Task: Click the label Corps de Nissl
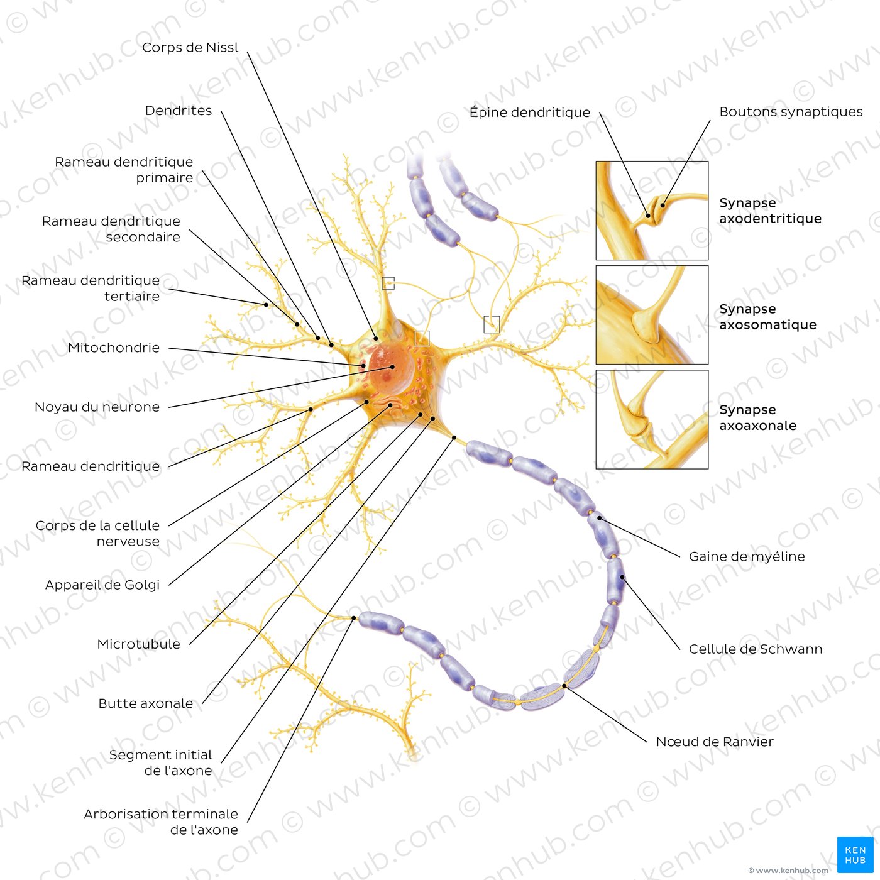click(x=190, y=48)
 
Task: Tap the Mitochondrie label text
click(x=114, y=348)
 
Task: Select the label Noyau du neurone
click(x=97, y=407)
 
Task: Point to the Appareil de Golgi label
click(x=102, y=585)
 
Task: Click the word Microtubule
click(x=138, y=644)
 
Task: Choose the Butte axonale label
click(x=145, y=703)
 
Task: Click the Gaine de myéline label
click(x=746, y=556)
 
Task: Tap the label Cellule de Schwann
click(x=755, y=649)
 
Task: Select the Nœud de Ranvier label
click(x=714, y=742)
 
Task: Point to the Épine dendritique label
click(x=529, y=113)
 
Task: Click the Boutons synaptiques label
click(x=790, y=112)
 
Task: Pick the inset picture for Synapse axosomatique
click(x=652, y=315)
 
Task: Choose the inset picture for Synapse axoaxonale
click(x=652, y=419)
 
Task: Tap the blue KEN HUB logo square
click(x=855, y=854)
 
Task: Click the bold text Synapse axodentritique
click(x=770, y=211)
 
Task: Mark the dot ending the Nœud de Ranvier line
click(x=564, y=686)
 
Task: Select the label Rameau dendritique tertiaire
click(x=91, y=288)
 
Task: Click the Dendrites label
click(x=179, y=111)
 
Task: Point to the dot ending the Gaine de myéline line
click(x=599, y=518)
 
